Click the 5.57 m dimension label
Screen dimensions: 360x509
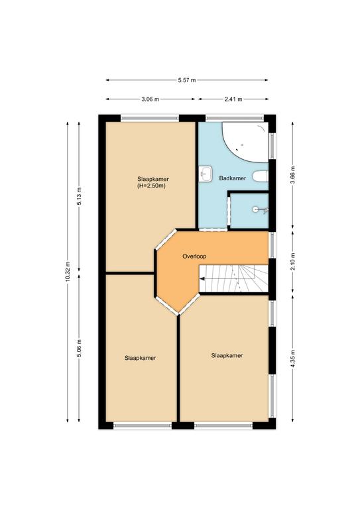(187, 80)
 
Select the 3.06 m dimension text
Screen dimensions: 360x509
(150, 99)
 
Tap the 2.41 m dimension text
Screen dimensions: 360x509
(233, 99)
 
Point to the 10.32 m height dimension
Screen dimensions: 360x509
(68, 272)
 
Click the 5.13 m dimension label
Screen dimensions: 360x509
(79, 196)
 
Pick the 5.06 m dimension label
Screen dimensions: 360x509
(79, 348)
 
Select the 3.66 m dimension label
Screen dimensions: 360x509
(292, 175)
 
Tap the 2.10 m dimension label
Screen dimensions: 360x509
(292, 262)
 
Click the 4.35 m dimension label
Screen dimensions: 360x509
(292, 359)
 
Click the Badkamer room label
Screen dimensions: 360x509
(233, 178)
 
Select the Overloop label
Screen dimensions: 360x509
(194, 256)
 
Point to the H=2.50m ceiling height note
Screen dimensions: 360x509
(152, 186)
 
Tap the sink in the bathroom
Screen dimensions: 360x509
(205, 175)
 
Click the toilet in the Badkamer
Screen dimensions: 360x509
(261, 177)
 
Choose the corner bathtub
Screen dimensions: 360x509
(245, 142)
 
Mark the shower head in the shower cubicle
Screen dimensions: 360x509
(261, 210)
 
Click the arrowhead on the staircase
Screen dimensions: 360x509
(202, 278)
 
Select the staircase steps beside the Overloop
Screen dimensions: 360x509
(233, 278)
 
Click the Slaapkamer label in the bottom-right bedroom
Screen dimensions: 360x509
(227, 355)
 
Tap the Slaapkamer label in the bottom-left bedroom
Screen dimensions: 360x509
(141, 358)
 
